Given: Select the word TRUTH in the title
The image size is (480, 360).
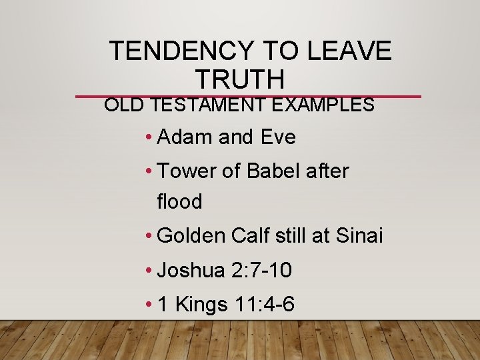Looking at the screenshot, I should tap(240, 79).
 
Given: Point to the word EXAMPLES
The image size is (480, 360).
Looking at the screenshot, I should tap(327, 105).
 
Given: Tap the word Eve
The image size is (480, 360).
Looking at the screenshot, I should tap(278, 137).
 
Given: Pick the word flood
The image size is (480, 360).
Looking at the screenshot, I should tap(179, 201).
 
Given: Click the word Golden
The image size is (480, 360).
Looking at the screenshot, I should tap(191, 235).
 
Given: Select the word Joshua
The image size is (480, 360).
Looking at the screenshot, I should tap(191, 271).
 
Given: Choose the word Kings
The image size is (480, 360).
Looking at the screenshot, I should tap(201, 305).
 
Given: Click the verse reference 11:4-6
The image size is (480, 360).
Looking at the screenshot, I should tap(265, 305).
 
